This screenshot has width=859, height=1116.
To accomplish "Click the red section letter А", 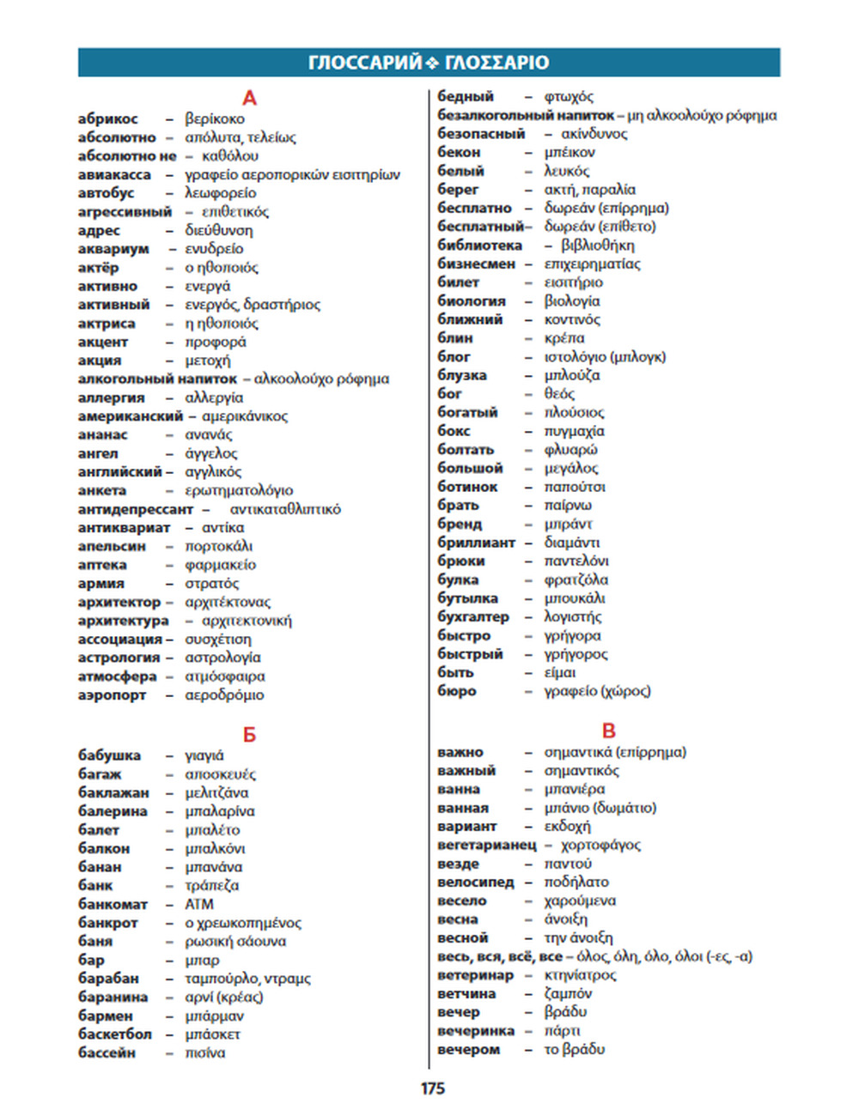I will [x=249, y=98].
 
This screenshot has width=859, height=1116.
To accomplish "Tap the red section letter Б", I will [x=249, y=735].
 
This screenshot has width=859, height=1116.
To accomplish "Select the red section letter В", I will [x=609, y=731].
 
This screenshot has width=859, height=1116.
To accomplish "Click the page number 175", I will [x=433, y=1089].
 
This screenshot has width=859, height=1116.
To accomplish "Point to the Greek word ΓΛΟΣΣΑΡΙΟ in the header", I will [x=497, y=63].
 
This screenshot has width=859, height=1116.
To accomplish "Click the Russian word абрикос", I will [x=107, y=119].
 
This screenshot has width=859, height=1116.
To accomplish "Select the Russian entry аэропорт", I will [x=112, y=695].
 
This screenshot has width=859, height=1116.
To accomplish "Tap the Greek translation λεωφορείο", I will [x=221, y=193].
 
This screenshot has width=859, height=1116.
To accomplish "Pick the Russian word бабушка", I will [x=109, y=755].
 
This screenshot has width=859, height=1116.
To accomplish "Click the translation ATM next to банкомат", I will [x=199, y=904].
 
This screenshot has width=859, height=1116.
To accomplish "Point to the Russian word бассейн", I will [x=107, y=1052].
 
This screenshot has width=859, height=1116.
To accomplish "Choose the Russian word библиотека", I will [x=479, y=246].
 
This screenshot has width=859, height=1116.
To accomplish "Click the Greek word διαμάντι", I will [x=572, y=543].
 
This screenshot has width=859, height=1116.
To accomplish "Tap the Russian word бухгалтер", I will [x=473, y=617].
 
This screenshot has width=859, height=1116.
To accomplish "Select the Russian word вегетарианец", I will [x=487, y=845].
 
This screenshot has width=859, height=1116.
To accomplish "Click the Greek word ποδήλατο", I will [x=576, y=882].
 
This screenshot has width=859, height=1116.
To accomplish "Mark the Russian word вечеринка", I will [x=476, y=1031].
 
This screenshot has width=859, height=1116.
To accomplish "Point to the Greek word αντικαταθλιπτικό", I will [x=285, y=509].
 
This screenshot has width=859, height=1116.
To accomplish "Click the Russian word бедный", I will [x=466, y=97].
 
